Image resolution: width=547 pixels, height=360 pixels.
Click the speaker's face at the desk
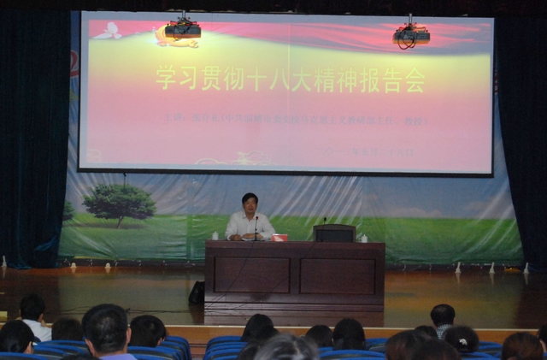pos(250,205)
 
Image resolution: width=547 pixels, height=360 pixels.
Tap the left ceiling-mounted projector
pos(182,29)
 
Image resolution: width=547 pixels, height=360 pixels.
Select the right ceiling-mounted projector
pos(411,35)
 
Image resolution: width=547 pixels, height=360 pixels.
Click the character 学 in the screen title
pos(165,79)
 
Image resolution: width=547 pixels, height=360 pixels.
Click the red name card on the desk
pos(279,237)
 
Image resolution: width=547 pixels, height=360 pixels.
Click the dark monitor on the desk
pos(334,233)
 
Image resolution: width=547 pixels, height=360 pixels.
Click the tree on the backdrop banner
pos(120,203)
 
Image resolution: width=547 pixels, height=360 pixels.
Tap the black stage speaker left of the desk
pos(197,293)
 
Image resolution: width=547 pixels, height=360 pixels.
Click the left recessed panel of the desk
pos(251,275)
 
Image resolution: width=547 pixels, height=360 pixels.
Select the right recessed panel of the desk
pos(338,276)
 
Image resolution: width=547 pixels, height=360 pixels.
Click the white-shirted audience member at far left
pos(35,318)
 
